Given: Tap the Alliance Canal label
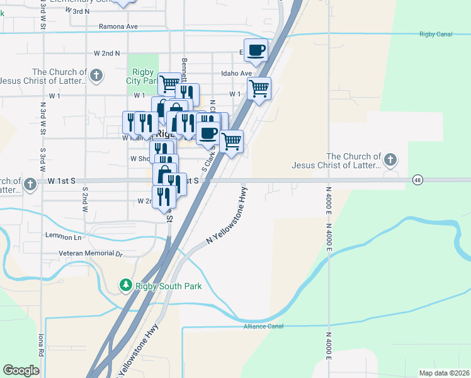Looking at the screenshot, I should pyautogui.click(x=264, y=326).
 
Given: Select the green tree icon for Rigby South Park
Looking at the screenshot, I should pyautogui.click(x=127, y=286).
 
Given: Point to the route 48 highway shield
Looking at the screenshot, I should pyautogui.click(x=417, y=180).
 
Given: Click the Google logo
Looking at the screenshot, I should pyautogui.click(x=21, y=370).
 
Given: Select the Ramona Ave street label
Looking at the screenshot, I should pyautogui.click(x=118, y=27).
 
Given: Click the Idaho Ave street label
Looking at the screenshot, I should pyautogui.click(x=236, y=74).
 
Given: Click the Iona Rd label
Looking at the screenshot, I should pyautogui.click(x=42, y=343).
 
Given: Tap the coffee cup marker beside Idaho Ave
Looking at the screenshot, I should pyautogui.click(x=256, y=50).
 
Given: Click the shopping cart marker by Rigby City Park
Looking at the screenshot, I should pyautogui.click(x=169, y=83).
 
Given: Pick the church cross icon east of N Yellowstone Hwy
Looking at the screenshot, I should pyautogui.click(x=390, y=160).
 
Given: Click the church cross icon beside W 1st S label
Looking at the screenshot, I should pyautogui.click(x=30, y=184).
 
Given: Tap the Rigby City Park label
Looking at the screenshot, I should pyautogui.click(x=141, y=76).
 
